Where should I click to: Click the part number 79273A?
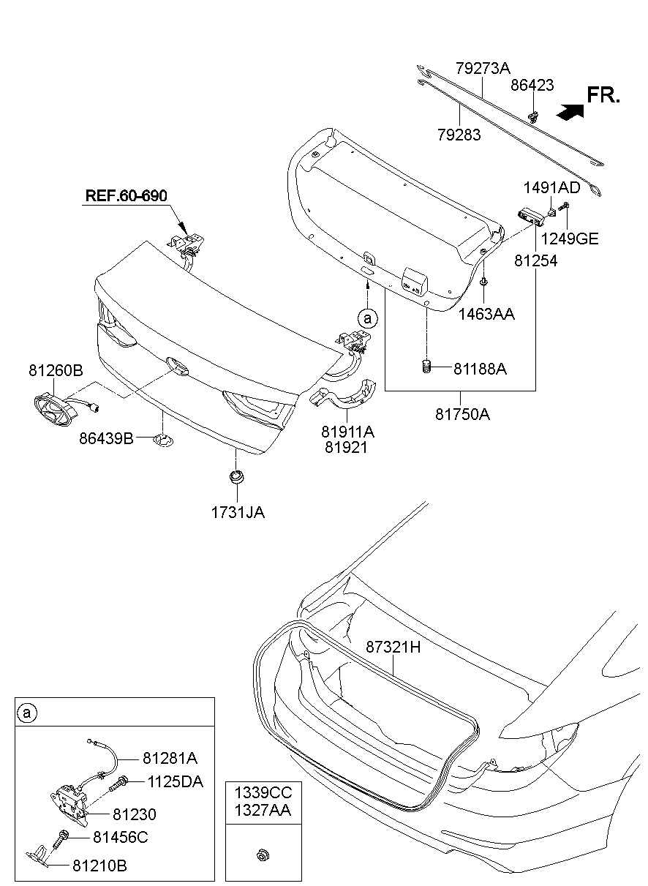(x=482, y=70)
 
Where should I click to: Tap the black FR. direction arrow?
(x=570, y=110)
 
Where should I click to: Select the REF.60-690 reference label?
(x=127, y=196)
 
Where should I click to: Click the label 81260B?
(x=56, y=371)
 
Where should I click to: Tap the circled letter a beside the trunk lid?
(x=368, y=318)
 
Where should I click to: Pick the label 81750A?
(x=462, y=414)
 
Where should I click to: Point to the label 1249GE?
(x=570, y=239)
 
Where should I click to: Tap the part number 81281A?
(x=170, y=757)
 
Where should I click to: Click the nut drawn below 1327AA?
(x=261, y=854)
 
